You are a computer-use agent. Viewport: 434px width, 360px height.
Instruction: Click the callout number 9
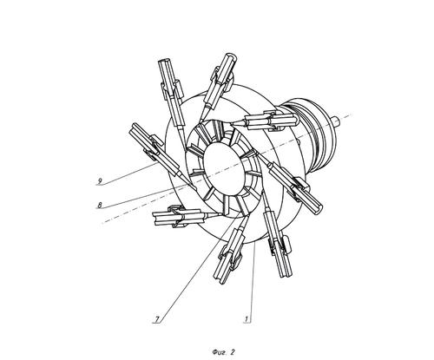pos(100,181)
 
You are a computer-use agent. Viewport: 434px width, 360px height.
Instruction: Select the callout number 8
pos(100,206)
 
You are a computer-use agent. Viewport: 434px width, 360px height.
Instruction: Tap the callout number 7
pos(157,319)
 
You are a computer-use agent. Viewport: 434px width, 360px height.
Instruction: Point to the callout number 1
pos(247,319)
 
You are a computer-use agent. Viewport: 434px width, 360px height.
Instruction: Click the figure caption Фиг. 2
pos(223,352)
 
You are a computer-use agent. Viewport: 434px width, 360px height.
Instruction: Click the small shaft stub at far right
pos(336,121)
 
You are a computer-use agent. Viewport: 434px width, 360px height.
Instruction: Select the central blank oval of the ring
pos(223,168)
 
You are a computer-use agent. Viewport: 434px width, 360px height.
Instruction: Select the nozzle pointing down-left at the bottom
pos(230,250)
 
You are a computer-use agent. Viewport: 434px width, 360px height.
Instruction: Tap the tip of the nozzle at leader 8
pos(195,188)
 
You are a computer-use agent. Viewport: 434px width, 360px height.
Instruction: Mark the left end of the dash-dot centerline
pos(102,223)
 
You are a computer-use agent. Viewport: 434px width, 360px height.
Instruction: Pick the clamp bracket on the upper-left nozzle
pos(172,88)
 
